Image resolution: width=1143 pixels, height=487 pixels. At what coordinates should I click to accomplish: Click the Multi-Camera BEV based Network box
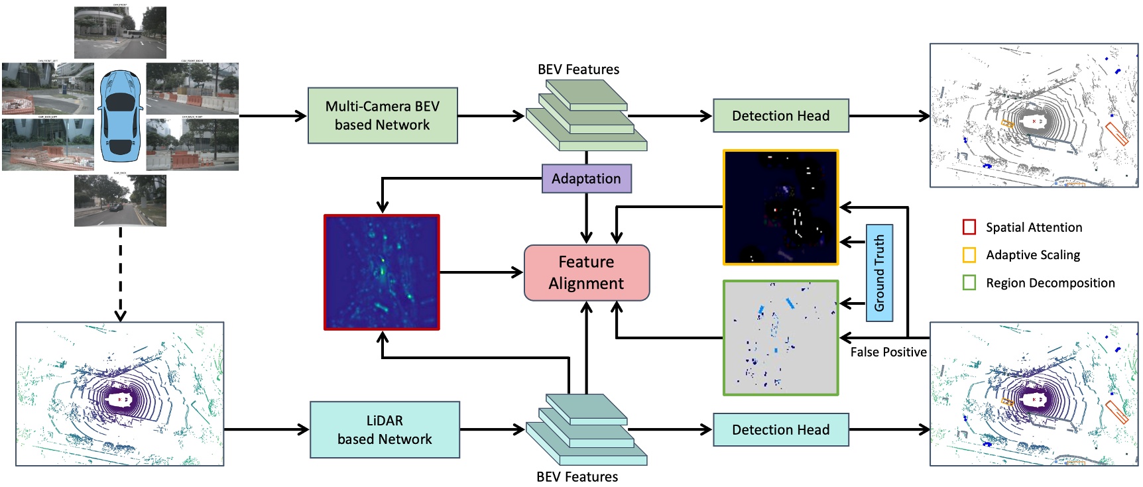[x=383, y=116]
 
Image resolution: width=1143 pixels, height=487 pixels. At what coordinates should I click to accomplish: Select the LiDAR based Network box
[x=385, y=430]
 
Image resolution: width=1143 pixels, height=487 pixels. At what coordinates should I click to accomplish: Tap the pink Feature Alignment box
[x=586, y=273]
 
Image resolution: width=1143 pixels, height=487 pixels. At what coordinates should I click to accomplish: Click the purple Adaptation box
[x=586, y=179]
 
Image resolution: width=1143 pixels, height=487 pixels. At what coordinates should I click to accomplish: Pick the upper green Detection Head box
[x=780, y=116]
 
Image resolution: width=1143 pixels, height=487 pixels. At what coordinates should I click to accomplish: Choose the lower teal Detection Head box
[x=780, y=430]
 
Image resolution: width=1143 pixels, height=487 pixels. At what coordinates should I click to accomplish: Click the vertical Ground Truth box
[x=879, y=273]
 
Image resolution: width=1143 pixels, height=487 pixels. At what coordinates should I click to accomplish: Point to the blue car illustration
[x=120, y=117]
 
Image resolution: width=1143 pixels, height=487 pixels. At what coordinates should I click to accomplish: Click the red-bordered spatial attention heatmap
[x=381, y=272]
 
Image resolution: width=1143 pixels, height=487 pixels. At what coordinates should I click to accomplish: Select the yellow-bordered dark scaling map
[x=780, y=207]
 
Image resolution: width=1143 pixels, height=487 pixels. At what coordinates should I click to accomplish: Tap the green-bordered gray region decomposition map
[x=780, y=338]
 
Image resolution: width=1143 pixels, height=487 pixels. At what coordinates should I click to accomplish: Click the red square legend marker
[x=969, y=227]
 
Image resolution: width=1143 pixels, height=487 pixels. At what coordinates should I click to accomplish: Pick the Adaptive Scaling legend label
[x=1032, y=255]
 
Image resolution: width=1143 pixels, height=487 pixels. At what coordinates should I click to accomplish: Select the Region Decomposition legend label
[x=1050, y=283]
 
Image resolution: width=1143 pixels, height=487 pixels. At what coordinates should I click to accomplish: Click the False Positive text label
[x=888, y=352]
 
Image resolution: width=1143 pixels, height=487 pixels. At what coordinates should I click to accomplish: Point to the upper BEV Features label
[x=578, y=70]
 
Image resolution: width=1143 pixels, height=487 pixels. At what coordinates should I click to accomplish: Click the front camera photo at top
[x=120, y=33]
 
